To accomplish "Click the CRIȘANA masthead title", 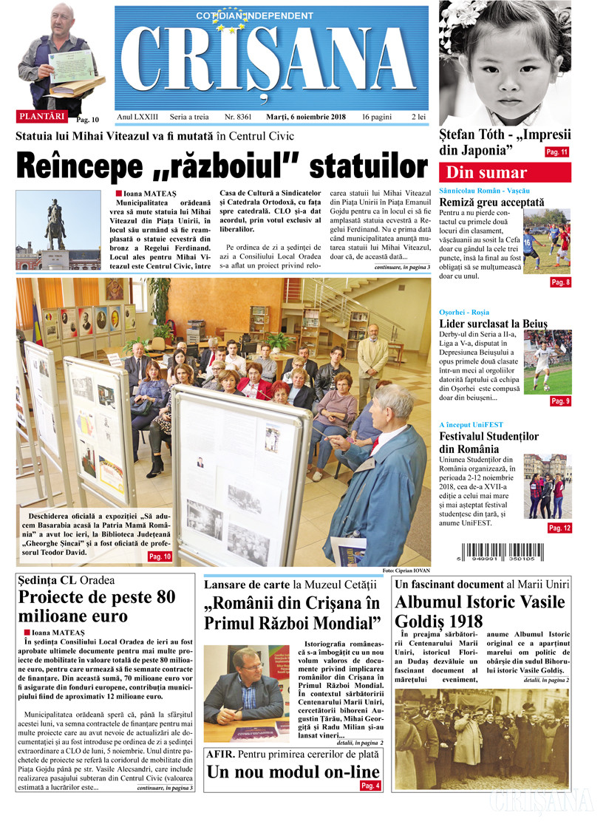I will point(272,59).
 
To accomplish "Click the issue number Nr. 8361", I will point(238,118).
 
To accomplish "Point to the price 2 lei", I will point(418,118).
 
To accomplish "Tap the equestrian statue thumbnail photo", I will point(58,230).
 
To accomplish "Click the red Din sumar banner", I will point(505,173).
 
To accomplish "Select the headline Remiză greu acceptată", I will point(491,202).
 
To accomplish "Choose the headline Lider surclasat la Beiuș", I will point(493,323).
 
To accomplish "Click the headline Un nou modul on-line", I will point(293,772).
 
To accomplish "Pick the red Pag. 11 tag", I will point(556,152).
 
